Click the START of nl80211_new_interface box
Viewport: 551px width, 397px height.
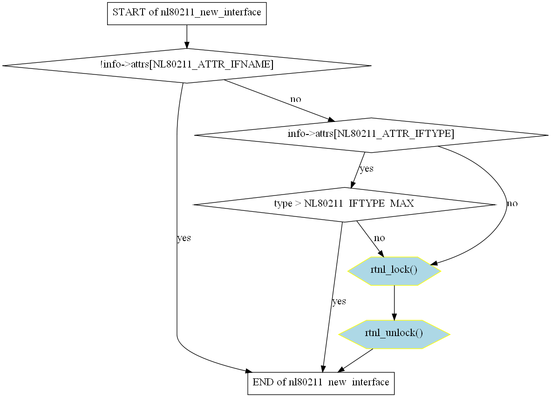coord(187,13)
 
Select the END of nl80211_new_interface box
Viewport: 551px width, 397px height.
coord(321,383)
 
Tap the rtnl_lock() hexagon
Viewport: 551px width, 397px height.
coord(394,270)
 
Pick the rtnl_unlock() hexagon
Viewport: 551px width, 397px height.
coord(394,334)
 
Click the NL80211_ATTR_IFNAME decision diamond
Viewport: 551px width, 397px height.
coord(187,66)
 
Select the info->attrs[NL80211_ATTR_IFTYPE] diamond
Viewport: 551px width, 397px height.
coord(371,135)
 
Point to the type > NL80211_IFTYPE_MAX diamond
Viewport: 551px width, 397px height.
coord(344,204)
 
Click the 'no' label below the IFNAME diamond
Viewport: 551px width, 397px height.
coord(296,99)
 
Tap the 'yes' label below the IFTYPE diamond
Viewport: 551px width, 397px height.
coord(367,168)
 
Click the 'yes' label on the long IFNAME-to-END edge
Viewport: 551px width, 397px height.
coord(184,238)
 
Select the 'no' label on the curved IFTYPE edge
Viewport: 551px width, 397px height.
coord(512,204)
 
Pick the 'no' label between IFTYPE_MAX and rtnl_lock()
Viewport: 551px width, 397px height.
coord(380,238)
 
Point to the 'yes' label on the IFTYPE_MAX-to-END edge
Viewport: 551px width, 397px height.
coord(339,302)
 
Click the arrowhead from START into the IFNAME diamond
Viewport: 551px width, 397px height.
coord(187,45)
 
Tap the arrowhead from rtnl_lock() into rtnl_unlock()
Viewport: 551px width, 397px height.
coord(395,317)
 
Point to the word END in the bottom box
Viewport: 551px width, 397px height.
coord(262,383)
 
